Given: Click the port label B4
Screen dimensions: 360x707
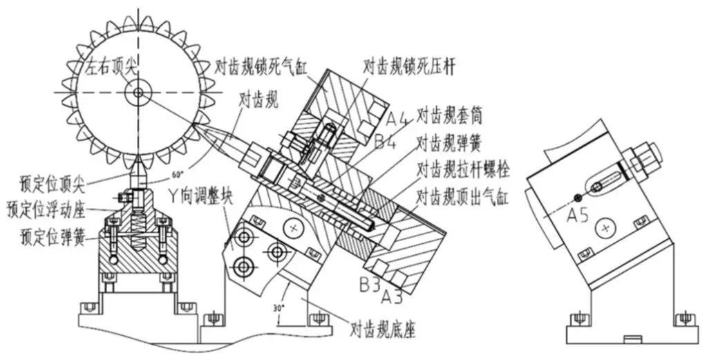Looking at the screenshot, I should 388,142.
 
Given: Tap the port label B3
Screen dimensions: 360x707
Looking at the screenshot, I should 369,284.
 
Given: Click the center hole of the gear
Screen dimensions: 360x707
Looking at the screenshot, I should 139,91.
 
